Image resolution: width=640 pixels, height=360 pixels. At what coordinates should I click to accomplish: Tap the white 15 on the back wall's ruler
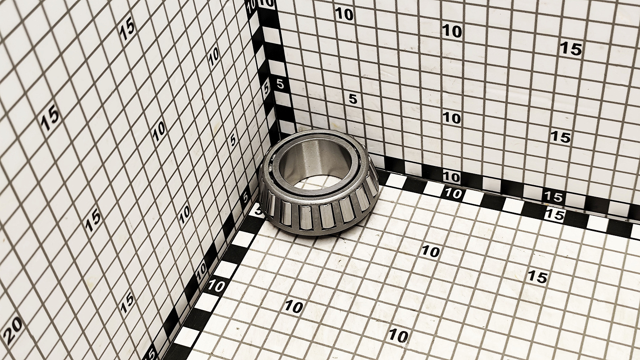click(x=553, y=197)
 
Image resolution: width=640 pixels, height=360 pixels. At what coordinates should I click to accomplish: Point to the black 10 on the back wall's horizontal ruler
click(x=451, y=177)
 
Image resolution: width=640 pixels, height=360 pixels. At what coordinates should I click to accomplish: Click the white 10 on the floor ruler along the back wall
click(x=453, y=194)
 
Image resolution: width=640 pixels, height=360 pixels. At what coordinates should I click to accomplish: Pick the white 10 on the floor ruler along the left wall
click(x=216, y=286)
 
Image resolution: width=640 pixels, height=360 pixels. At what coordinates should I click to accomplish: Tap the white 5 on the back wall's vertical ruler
click(x=280, y=84)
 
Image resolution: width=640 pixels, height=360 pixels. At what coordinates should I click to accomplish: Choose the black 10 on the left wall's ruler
click(x=202, y=271)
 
